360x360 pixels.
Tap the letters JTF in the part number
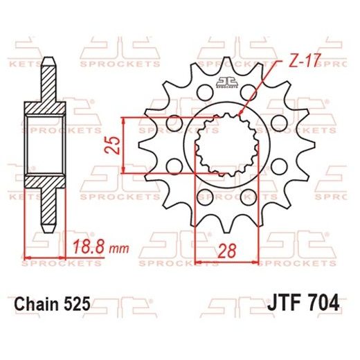(x=280, y=305)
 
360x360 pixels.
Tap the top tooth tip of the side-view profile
(x=48, y=60)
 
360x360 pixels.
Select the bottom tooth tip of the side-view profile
(x=48, y=231)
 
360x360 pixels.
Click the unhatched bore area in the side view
(x=48, y=146)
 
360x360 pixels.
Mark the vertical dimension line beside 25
(x=124, y=145)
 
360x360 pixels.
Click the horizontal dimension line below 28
(x=227, y=262)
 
